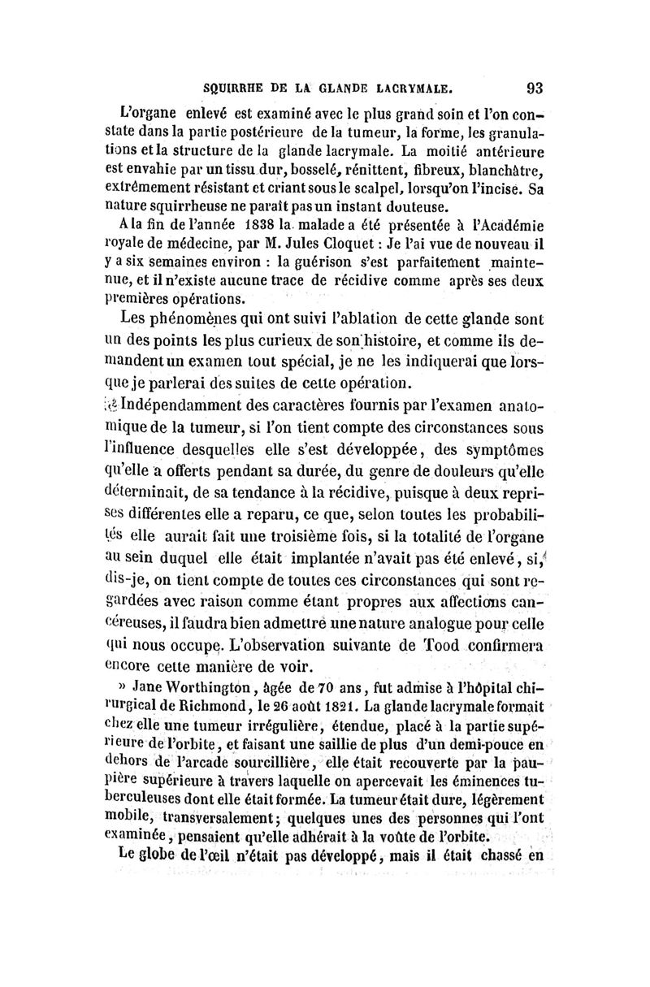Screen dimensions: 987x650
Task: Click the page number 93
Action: [x=535, y=86]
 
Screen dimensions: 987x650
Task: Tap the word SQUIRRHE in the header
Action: [x=237, y=86]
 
